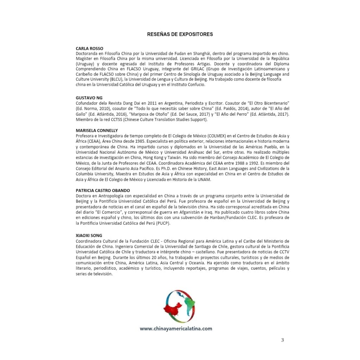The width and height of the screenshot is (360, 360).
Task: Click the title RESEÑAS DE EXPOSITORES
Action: tap(180, 34)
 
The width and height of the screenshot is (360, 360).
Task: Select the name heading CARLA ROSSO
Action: tap(89, 49)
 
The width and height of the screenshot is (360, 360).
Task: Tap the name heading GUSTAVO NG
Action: tap(89, 98)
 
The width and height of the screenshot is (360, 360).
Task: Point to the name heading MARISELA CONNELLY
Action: tap(97, 130)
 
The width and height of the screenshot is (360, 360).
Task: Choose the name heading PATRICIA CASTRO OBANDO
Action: tap(103, 191)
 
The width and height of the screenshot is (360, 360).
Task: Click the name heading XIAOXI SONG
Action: tap(89, 235)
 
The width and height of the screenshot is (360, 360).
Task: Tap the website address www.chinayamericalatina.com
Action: tap(176, 329)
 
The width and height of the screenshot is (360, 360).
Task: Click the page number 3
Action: tap(282, 340)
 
